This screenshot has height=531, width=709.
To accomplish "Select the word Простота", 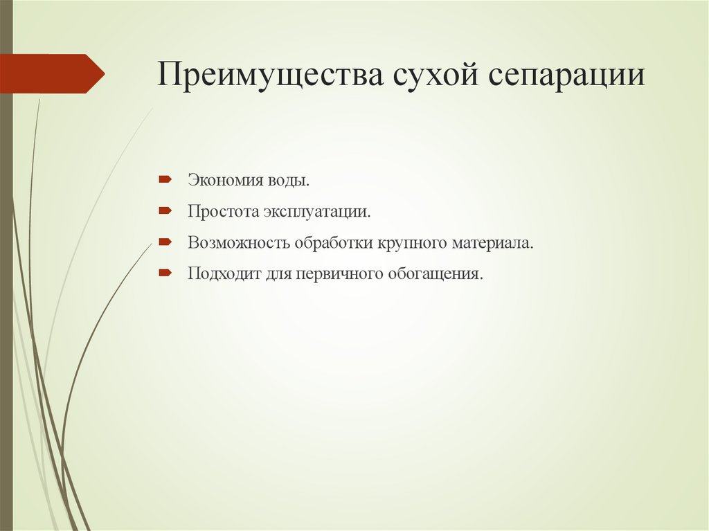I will click(222, 211).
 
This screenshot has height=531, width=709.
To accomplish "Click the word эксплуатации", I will click(317, 211).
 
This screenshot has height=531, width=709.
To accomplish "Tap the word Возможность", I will click(238, 243).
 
